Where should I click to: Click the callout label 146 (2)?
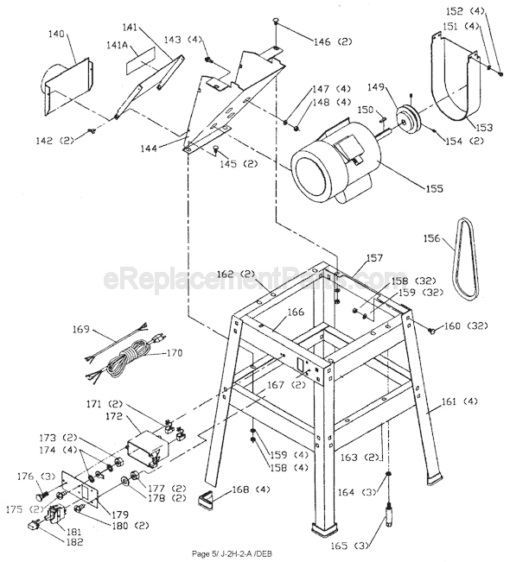(309, 41)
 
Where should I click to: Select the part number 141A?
(118, 44)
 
